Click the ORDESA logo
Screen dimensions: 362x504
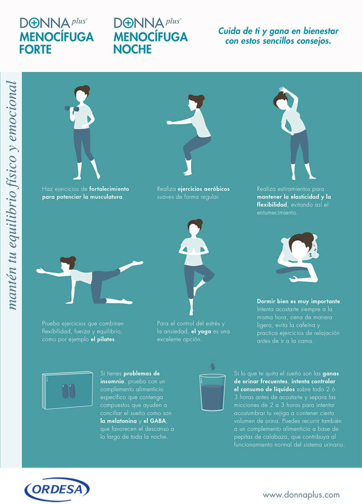click(x=57, y=490)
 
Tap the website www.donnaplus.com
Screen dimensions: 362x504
click(x=301, y=495)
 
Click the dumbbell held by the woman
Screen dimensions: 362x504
click(x=72, y=109)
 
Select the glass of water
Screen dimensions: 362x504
click(x=212, y=392)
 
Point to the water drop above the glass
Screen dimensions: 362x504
click(x=212, y=366)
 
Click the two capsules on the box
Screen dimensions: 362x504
click(x=68, y=391)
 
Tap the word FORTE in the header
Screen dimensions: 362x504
click(x=35, y=50)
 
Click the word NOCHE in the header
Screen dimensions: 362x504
click(x=132, y=50)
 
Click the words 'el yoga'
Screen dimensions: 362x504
click(x=201, y=331)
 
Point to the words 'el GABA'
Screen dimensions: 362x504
click(x=155, y=421)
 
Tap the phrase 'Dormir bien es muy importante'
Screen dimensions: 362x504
click(x=299, y=302)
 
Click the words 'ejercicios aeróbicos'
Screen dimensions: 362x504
click(x=204, y=189)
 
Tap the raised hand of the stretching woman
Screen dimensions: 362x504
click(x=283, y=89)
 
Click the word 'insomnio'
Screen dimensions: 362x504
click(x=112, y=381)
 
